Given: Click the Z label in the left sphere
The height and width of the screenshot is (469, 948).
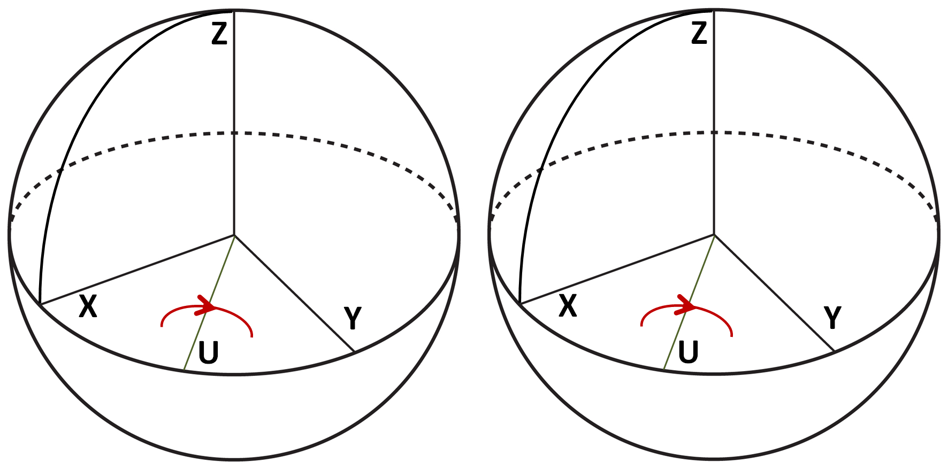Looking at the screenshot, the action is [219, 34].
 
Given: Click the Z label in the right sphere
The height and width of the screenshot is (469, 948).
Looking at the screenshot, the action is [699, 34].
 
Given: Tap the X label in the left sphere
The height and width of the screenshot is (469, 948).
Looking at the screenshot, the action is [88, 307].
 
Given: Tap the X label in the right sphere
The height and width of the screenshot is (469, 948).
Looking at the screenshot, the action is [568, 307].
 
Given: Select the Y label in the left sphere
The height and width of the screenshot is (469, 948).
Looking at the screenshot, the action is [353, 318].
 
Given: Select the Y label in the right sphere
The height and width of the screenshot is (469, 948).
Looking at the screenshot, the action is [833, 318].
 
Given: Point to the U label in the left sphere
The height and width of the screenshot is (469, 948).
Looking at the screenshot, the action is [208, 353].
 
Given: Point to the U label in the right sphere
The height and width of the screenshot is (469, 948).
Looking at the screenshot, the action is [688, 353].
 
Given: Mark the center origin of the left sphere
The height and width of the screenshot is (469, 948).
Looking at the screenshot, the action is [234, 235].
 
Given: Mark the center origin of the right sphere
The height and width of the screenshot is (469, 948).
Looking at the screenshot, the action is [714, 235].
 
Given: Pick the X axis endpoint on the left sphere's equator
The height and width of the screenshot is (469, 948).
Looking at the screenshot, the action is [40, 304].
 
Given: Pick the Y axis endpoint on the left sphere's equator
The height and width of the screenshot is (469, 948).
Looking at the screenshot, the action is [354, 352].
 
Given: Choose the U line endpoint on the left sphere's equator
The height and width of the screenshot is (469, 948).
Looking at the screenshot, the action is [184, 370].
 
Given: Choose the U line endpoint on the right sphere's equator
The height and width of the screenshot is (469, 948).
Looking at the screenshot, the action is [663, 370].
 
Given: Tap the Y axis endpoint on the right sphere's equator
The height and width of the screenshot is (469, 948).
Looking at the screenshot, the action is [834, 352].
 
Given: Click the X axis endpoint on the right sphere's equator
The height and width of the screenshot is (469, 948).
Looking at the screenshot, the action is [520, 304].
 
